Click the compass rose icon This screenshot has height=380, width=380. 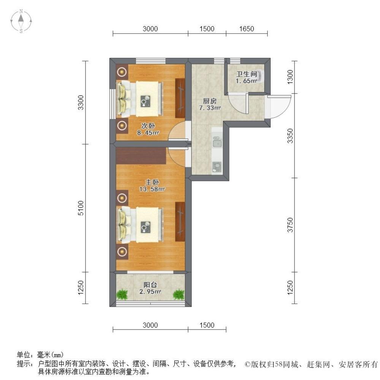pyautogui.click(x=21, y=21)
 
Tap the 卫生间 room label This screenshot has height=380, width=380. pyautogui.click(x=247, y=74)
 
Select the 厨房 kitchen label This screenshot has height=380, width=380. pyautogui.click(x=210, y=101)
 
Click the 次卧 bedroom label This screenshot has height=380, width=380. pyautogui.click(x=148, y=126)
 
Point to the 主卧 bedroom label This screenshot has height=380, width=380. pyautogui.click(x=152, y=182)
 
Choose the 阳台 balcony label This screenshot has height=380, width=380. pyautogui.click(x=150, y=285)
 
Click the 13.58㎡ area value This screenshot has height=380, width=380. pyautogui.click(x=152, y=189)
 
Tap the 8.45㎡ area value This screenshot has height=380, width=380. pyautogui.click(x=148, y=133)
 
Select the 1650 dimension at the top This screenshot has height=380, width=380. pyautogui.click(x=247, y=29)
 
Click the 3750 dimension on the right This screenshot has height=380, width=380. pyautogui.click(x=290, y=225)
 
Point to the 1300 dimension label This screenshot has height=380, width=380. pyautogui.click(x=290, y=77)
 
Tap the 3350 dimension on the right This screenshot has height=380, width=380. pyautogui.click(x=290, y=136)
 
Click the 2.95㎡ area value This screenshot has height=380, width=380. pyautogui.click(x=150, y=291)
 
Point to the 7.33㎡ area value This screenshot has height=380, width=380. pyautogui.click(x=210, y=108)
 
